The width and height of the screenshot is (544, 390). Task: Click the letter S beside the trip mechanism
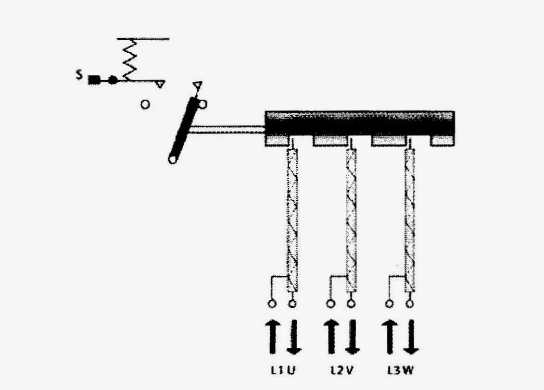click(x=80, y=75)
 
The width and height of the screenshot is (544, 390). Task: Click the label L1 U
click(x=283, y=370)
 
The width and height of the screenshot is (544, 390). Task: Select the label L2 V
click(x=341, y=370)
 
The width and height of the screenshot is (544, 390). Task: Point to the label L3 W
click(x=400, y=370)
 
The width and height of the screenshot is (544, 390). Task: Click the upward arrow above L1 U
click(x=273, y=337)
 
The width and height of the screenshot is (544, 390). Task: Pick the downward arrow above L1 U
click(x=294, y=337)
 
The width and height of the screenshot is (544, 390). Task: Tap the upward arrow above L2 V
click(x=331, y=337)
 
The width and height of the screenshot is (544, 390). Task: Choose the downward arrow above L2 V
click(x=352, y=337)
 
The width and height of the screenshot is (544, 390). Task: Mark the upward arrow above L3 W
click(x=389, y=337)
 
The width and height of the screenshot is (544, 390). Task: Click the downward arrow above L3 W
click(x=411, y=337)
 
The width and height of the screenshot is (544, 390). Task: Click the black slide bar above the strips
click(x=359, y=124)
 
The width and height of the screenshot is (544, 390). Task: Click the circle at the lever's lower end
click(x=172, y=160)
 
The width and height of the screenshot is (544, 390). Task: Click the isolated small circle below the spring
click(x=145, y=104)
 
